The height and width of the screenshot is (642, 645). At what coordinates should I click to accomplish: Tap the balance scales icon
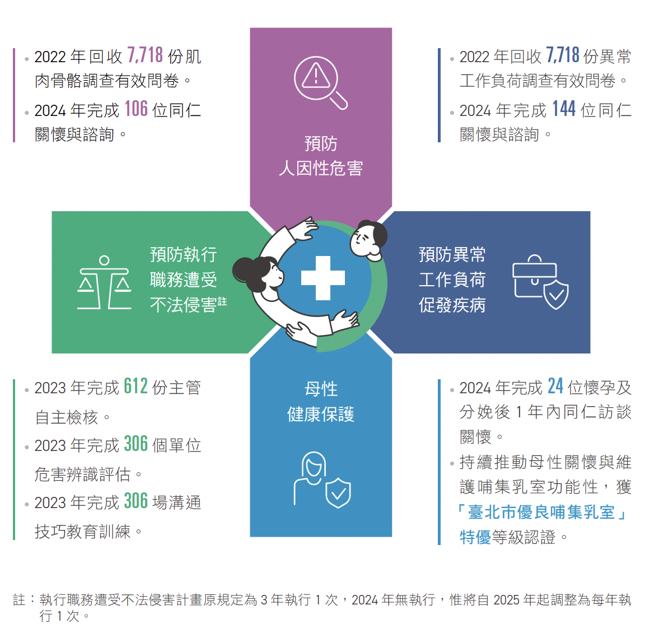pyautogui.click(x=105, y=282)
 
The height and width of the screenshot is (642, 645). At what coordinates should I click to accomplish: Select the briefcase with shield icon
pyautogui.click(x=540, y=282)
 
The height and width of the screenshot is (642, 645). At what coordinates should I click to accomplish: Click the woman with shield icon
pyautogui.click(x=322, y=480)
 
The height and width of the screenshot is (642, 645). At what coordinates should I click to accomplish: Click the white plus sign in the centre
pyautogui.click(x=323, y=278)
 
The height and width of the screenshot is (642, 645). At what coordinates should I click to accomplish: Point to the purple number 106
pyautogui.click(x=135, y=109)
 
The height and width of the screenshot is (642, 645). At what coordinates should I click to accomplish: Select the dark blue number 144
pyautogui.click(x=564, y=109)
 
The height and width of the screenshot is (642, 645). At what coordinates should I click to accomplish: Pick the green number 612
pyautogui.click(x=135, y=387)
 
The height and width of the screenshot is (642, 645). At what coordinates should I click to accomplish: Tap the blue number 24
pyautogui.click(x=555, y=387)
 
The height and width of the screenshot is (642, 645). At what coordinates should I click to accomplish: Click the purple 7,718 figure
pyautogui.click(x=145, y=55)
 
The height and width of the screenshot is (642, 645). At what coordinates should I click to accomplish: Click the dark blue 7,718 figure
pyautogui.click(x=563, y=55)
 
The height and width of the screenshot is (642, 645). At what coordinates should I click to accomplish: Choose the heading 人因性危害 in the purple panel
pyautogui.click(x=321, y=168)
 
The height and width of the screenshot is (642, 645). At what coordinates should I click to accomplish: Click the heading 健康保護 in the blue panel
pyautogui.click(x=321, y=414)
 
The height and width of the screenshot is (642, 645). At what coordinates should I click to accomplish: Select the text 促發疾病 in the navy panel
pyautogui.click(x=452, y=305)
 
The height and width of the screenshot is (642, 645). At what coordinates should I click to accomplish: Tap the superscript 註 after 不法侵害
pyautogui.click(x=222, y=301)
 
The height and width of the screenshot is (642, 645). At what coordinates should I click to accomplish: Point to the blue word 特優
pyautogui.click(x=475, y=537)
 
